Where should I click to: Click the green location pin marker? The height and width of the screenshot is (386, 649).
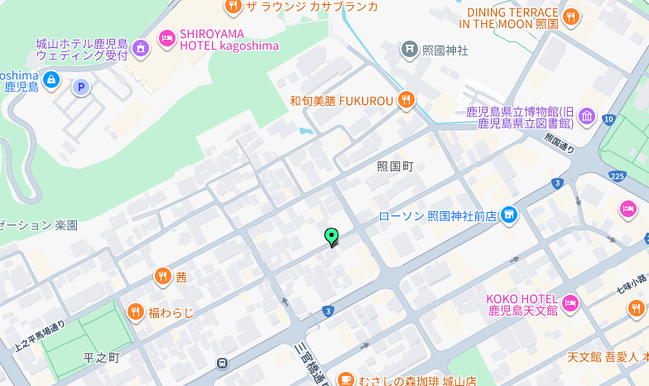click(x=332, y=237)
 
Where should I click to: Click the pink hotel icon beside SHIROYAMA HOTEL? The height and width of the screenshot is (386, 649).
click(x=167, y=37)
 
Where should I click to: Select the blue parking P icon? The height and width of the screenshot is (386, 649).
click(x=80, y=86)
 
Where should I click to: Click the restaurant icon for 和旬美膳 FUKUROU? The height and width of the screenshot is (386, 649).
click(x=405, y=100)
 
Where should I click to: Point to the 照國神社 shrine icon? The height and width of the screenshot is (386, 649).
click(x=409, y=50)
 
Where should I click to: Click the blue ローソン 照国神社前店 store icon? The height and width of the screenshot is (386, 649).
click(x=508, y=216)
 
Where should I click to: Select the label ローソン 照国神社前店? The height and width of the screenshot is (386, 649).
click(x=437, y=216)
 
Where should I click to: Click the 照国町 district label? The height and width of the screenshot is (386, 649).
click(x=394, y=166)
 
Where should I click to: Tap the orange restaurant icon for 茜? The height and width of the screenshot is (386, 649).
click(x=162, y=277)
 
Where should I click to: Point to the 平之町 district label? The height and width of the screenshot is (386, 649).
click(x=102, y=357)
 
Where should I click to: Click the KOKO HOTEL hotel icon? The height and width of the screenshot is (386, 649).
click(x=570, y=304)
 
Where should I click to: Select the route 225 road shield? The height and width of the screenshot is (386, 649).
click(x=616, y=176)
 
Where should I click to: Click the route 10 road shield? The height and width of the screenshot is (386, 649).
click(x=608, y=119)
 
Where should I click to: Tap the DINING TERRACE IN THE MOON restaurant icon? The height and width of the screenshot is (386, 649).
click(x=570, y=17)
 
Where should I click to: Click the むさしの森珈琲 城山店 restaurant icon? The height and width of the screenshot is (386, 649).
click(x=345, y=380)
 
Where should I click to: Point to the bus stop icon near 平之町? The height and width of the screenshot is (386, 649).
click(x=222, y=363)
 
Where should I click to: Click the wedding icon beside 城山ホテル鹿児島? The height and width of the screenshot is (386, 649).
click(x=141, y=49)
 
